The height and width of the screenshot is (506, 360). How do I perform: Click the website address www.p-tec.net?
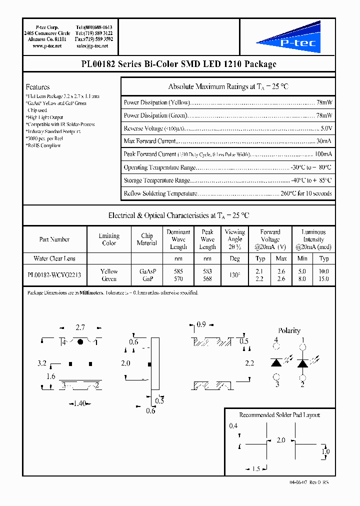click(x=46, y=45)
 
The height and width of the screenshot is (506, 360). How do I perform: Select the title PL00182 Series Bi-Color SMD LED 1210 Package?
click(x=178, y=64)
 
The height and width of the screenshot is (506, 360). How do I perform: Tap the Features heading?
click(x=37, y=86)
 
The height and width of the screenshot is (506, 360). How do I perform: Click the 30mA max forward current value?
click(x=323, y=141)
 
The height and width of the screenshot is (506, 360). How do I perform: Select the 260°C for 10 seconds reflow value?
click(x=305, y=193)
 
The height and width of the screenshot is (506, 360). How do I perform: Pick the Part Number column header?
click(x=54, y=239)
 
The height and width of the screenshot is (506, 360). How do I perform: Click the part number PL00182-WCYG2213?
click(x=54, y=275)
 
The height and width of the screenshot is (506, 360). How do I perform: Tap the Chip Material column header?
click(x=146, y=239)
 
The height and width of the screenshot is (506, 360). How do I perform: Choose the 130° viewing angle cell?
click(x=234, y=275)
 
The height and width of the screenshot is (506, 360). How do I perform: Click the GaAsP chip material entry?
click(x=147, y=271)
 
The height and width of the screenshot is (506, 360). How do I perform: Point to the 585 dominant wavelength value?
click(x=178, y=271)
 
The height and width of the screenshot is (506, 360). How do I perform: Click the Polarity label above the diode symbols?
click(x=289, y=330)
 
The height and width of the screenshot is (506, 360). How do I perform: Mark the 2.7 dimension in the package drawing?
click(x=80, y=328)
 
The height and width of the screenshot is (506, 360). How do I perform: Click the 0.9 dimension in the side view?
click(x=201, y=325)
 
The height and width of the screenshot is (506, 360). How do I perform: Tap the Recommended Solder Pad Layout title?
click(x=279, y=415)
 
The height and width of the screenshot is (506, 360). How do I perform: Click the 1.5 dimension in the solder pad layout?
click(x=256, y=468)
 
